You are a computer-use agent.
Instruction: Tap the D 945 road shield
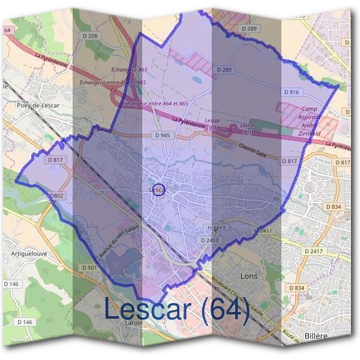pyautogui.click(x=162, y=136)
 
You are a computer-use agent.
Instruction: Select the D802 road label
pyautogui.click(x=57, y=196)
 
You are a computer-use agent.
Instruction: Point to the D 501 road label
pyautogui.click(x=88, y=268)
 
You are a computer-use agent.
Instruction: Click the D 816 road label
pyautogui.click(x=291, y=92)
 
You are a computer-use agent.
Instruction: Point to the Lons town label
pyautogui.click(x=248, y=277)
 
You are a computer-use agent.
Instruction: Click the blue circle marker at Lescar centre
pyautogui.click(x=158, y=190)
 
